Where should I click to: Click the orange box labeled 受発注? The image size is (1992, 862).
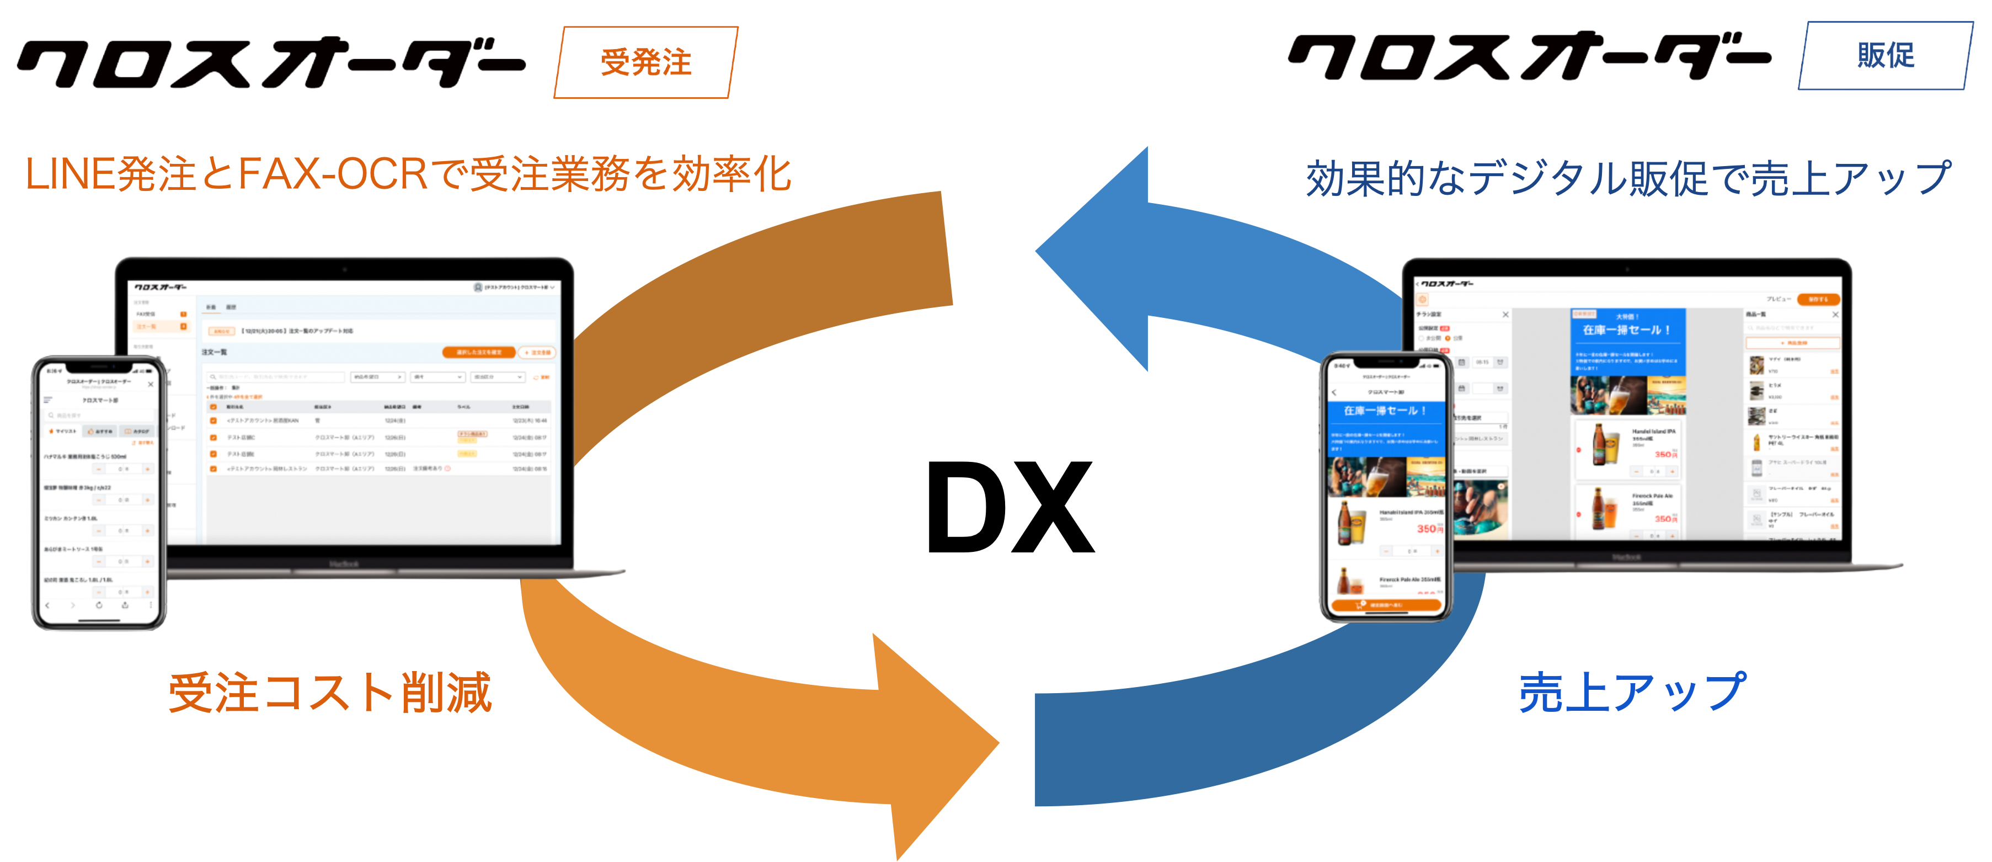[645, 62]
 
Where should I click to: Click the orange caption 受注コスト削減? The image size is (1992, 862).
[330, 692]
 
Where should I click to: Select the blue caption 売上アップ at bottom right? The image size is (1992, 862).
[1632, 692]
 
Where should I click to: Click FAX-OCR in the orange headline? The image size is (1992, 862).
[333, 174]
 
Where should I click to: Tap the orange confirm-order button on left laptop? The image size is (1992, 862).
[479, 352]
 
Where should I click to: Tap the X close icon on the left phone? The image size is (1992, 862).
[151, 384]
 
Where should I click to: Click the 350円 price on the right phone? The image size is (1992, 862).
[1429, 529]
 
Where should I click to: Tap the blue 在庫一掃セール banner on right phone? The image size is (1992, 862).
[1385, 411]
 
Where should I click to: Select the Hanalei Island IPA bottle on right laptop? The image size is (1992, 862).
[1599, 444]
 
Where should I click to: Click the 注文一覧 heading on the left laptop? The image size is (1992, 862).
[215, 352]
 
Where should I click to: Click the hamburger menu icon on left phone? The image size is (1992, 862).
[48, 400]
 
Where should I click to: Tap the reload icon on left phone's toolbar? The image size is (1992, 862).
[99, 605]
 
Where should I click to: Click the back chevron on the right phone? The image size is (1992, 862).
[1334, 392]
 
